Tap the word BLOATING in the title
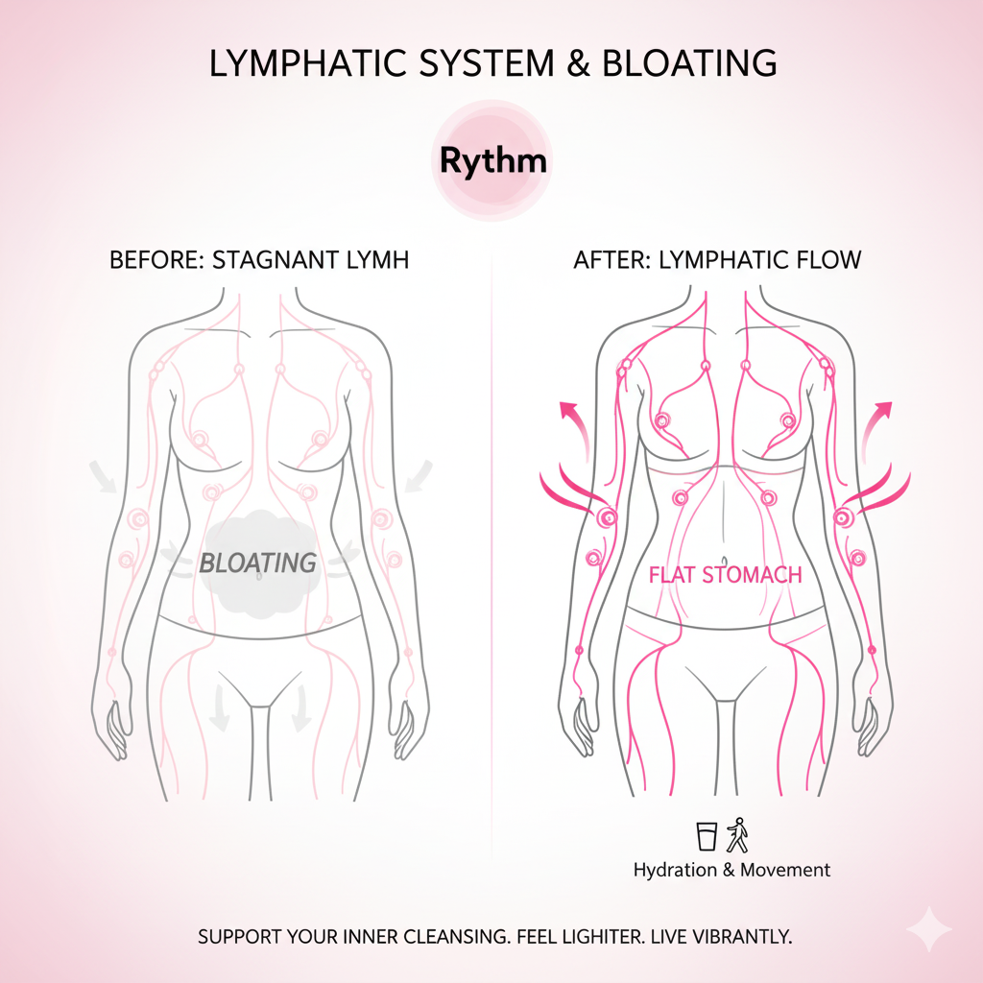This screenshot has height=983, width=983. point(689,63)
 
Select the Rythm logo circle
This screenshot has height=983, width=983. point(491,160)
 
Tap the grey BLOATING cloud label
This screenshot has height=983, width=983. point(257,563)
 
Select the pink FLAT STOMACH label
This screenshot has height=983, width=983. point(725,575)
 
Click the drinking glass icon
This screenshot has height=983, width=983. point(707,835)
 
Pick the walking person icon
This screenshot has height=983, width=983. point(736,834)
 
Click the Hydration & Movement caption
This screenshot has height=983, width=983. point(731,870)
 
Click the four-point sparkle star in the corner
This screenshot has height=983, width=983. point(928,929)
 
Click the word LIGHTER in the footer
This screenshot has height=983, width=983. point(603,936)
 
